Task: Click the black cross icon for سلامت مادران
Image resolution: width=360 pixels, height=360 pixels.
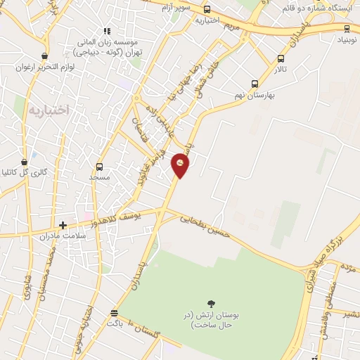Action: pos(63,226)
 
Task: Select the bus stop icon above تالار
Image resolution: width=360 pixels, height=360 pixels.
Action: pos(281,59)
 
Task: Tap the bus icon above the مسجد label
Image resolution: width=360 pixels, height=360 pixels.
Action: pos(99,167)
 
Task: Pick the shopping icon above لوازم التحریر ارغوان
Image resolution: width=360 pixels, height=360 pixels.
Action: pos(45,56)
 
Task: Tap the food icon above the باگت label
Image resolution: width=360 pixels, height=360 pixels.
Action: pos(114,313)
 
